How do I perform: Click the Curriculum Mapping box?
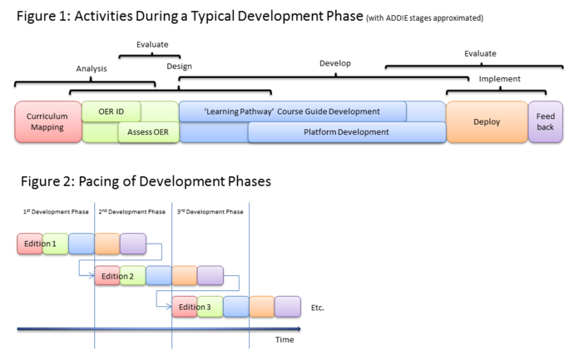[x=47, y=121]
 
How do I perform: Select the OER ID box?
[x=111, y=111]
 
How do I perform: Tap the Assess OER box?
[x=148, y=131]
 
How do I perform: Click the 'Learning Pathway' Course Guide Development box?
[x=292, y=111]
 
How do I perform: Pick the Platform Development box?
[x=346, y=131]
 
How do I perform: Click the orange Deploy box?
[x=487, y=121]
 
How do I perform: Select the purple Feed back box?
[x=546, y=121]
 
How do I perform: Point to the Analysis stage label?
[x=92, y=69]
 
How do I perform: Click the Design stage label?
[x=179, y=66]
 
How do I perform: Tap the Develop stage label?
[x=335, y=63]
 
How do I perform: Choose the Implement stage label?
[x=500, y=79]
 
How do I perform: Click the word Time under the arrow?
[x=285, y=339]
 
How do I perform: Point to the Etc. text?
[x=317, y=308]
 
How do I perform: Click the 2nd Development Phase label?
[x=132, y=212]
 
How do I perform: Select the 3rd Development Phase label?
[x=210, y=212]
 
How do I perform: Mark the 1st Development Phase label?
[x=55, y=212]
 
